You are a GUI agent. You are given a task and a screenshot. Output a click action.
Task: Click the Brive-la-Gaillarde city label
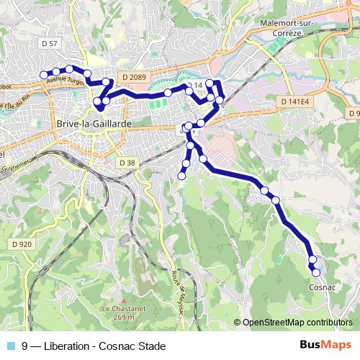[x=89, y=124]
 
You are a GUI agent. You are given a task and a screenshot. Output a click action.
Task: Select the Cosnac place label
[x=322, y=287]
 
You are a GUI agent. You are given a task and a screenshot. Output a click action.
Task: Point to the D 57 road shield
[x=50, y=45]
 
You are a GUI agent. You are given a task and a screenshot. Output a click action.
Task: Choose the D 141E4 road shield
[x=295, y=102]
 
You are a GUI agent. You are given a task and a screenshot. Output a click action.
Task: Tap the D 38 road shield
[x=127, y=163]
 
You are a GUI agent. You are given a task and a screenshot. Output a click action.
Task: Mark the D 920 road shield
[x=22, y=244]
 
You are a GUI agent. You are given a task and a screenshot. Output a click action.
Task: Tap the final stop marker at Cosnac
[x=315, y=272]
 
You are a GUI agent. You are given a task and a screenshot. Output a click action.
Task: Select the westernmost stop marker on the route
[x=43, y=74]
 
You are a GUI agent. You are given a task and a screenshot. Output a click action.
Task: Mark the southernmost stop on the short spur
[x=181, y=175]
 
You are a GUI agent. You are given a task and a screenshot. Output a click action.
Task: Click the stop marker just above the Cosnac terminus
[x=312, y=259]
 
